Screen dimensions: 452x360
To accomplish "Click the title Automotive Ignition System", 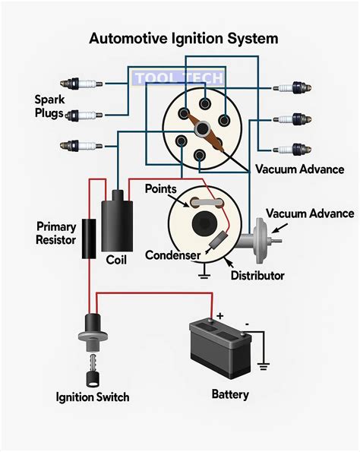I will (184, 37).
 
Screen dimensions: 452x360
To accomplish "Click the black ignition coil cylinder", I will (117, 220).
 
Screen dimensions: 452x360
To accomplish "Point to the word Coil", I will (116, 260).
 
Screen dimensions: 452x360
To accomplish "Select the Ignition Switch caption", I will (92, 397).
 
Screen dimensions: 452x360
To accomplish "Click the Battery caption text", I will (229, 394).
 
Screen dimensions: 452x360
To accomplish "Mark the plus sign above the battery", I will (220, 314).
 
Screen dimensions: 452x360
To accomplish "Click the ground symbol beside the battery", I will (263, 365).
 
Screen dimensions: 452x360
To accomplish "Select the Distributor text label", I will (257, 274).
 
